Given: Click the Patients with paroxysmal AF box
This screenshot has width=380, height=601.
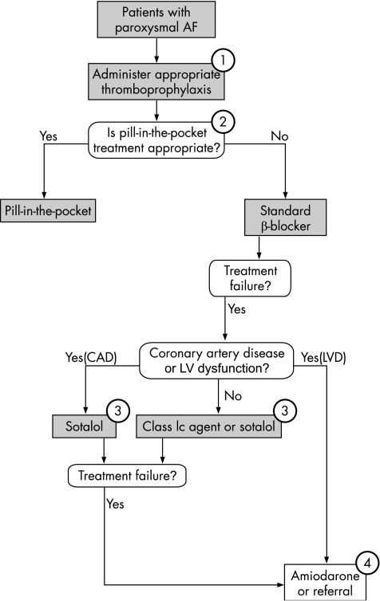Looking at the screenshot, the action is tap(156, 20).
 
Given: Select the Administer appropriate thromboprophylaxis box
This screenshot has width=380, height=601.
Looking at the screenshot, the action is tap(156, 81).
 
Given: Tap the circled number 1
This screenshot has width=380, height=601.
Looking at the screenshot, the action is tap(223, 60).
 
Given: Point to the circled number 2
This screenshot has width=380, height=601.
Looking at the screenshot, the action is tap(223, 122).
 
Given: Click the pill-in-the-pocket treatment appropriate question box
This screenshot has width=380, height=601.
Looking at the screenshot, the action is tap(156, 140).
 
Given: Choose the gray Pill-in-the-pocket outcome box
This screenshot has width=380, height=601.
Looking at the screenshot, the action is tap(48, 210).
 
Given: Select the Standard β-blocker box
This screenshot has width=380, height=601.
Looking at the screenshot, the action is tap(286, 218).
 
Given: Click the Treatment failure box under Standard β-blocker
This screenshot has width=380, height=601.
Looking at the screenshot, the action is tap(250, 278).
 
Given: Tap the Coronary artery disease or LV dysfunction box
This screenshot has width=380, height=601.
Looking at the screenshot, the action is tap(216, 360).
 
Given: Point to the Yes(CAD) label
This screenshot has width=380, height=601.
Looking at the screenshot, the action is tap(91, 357).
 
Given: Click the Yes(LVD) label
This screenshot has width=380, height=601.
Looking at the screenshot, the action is tap(323, 357).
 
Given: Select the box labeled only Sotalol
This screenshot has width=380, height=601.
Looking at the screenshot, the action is tap(84, 426).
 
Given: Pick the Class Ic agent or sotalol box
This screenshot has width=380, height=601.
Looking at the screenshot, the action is tap(209, 426).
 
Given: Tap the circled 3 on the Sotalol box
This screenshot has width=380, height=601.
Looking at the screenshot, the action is tap(118, 410).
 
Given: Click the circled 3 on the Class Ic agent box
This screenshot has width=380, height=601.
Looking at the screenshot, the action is tap(285, 410).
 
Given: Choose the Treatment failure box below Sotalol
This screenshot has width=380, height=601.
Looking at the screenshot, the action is tap(127, 476).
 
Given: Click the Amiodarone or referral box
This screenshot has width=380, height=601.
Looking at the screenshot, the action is tap(325, 582).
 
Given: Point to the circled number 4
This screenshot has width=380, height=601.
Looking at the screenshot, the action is tap(368, 564).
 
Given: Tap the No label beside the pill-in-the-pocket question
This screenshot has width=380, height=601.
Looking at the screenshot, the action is tap(279, 136).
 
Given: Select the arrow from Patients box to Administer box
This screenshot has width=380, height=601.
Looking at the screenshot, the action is tap(156, 50).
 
